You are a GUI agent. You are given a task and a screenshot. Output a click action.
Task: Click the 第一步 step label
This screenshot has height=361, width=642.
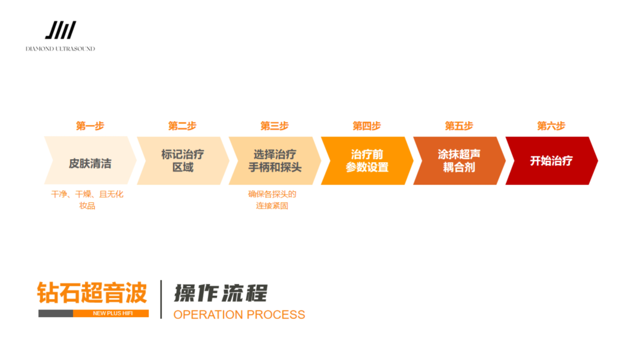click(90, 126)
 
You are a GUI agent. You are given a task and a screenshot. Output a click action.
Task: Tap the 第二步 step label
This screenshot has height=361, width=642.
click(182, 126)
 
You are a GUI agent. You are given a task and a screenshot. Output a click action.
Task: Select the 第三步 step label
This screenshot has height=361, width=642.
click(274, 126)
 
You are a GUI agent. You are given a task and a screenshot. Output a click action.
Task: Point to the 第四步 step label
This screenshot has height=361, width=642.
click(367, 126)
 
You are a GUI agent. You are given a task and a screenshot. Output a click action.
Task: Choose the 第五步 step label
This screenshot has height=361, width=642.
click(459, 126)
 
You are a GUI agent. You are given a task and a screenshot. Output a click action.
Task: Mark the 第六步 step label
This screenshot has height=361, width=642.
click(551, 126)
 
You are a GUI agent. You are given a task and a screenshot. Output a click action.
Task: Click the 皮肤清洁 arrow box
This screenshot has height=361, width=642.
click(89, 161)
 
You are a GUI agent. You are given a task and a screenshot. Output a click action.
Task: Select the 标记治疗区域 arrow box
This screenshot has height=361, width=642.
click(182, 161)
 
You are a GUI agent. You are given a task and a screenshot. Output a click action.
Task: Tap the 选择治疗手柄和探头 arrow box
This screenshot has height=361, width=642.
click(274, 161)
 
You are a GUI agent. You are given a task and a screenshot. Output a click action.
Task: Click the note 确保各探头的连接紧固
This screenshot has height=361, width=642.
click(272, 200)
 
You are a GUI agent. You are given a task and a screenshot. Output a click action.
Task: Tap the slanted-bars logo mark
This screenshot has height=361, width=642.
click(61, 30)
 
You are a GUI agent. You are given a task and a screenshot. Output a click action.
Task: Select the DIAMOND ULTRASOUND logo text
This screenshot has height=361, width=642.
click(60, 49)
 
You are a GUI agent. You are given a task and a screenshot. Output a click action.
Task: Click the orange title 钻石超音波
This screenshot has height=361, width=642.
click(92, 293)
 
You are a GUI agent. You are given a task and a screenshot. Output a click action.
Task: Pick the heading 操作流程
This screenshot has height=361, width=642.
click(221, 293)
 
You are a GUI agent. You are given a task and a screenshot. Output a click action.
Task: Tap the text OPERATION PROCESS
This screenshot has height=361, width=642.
click(239, 315)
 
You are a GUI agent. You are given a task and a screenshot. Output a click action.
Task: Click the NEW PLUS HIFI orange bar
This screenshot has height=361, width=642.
click(111, 313)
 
